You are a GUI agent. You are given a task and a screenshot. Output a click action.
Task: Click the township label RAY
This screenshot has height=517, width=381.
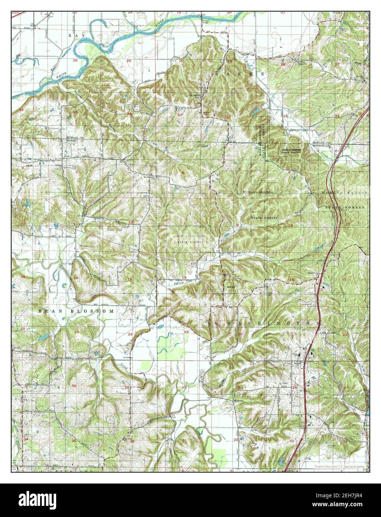click(77, 35)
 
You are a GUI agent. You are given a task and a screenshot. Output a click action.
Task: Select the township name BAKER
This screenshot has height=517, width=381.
click(240, 74)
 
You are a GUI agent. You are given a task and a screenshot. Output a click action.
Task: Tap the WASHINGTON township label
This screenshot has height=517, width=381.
click(272, 324)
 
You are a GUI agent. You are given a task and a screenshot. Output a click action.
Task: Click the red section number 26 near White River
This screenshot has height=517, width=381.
click(75, 60)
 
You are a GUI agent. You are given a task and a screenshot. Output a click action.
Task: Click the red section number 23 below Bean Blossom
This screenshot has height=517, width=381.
click(77, 332)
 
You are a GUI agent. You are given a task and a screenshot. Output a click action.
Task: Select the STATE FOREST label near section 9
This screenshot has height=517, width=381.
click(265, 217)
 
